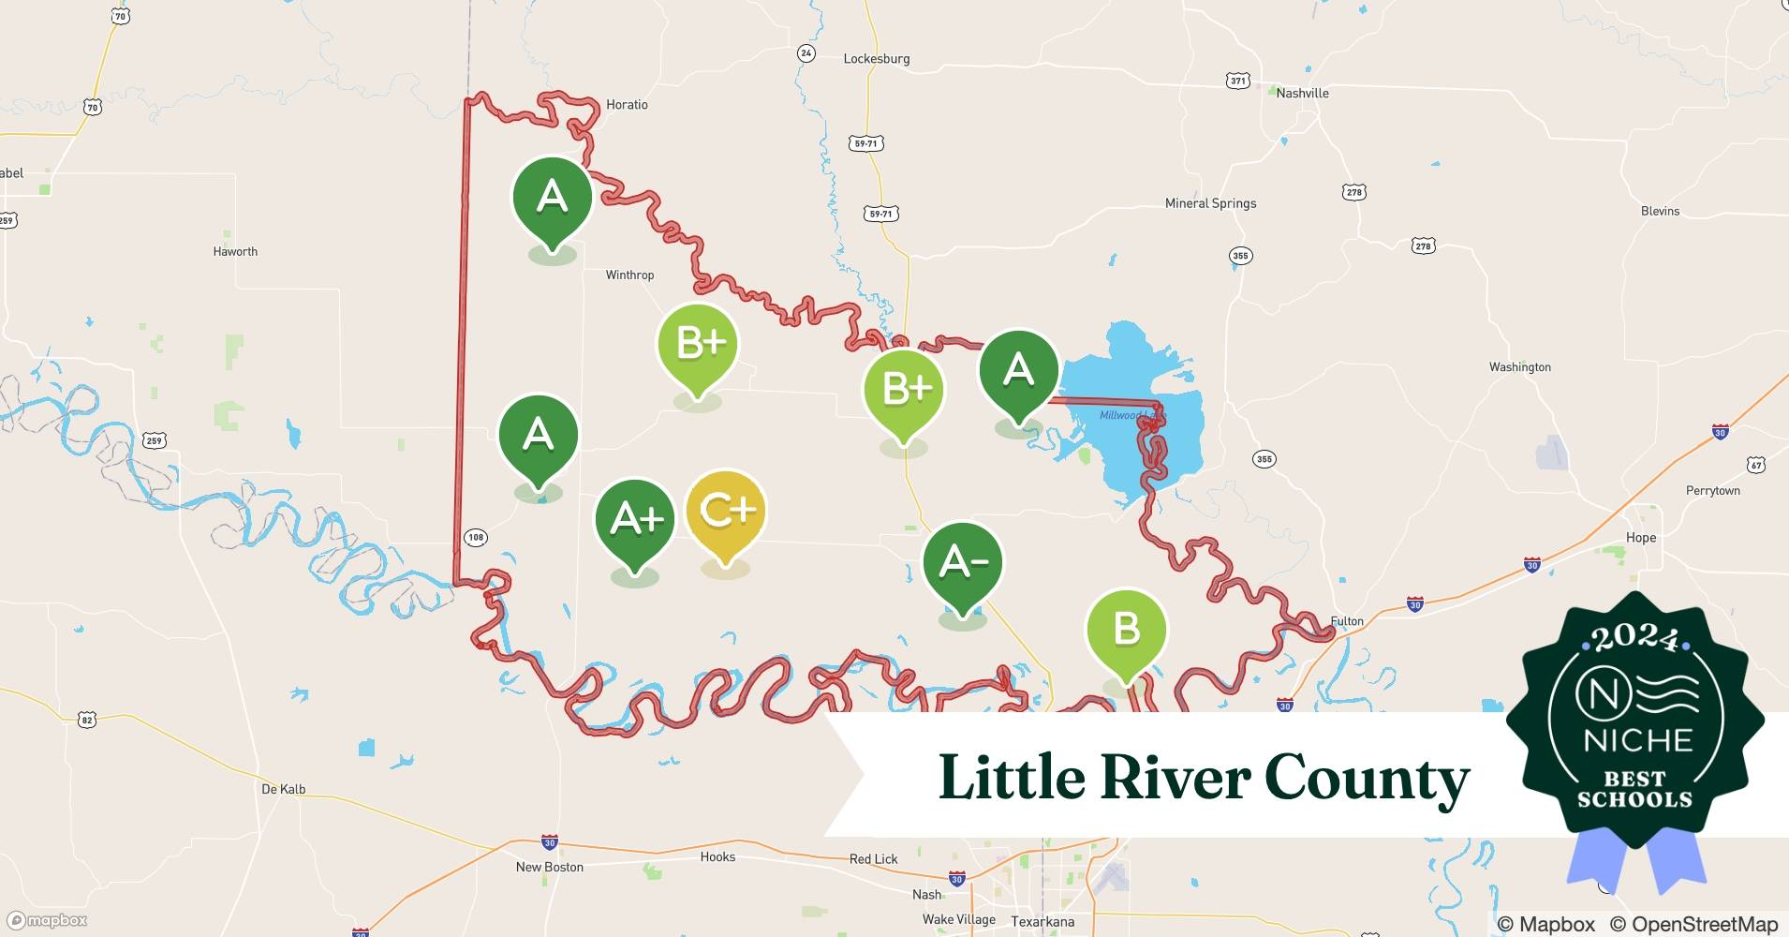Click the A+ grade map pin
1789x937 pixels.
click(636, 521)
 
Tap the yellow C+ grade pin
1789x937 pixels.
click(726, 513)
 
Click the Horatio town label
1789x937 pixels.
click(627, 105)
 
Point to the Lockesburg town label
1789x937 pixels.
click(876, 58)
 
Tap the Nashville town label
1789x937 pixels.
click(1302, 93)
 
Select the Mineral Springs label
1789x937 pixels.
click(1210, 203)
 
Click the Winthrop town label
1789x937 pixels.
click(629, 275)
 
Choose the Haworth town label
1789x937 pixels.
click(235, 251)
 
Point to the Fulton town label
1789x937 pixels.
click(1347, 621)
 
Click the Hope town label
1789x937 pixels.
click(1640, 538)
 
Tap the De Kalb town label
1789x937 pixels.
click(283, 789)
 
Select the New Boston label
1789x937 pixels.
click(549, 867)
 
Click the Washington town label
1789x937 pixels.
click(1519, 367)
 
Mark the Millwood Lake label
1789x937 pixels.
click(1131, 415)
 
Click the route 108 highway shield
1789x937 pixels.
click(476, 538)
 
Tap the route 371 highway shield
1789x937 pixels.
click(1238, 82)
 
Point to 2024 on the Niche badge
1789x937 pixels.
click(1635, 639)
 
